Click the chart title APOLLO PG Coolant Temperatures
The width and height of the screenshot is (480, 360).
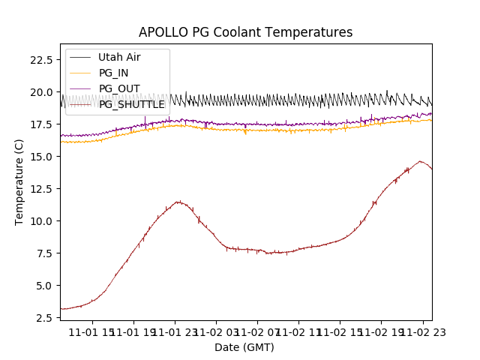tap(245, 32)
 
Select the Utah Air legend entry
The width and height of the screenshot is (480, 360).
tap(118, 57)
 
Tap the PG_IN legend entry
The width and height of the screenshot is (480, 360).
tap(113, 73)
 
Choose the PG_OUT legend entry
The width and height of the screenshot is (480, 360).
tap(118, 88)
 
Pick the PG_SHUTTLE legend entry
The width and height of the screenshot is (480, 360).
tap(131, 104)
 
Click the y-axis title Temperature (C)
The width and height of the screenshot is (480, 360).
tap(19, 182)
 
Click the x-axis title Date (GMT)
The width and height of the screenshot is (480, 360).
tap(244, 347)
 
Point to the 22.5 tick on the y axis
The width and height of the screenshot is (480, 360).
tap(40, 59)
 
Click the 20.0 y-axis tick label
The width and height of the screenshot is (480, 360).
tap(40, 92)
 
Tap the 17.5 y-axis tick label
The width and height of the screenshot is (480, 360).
tap(40, 124)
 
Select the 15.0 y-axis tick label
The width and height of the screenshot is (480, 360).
tap(40, 157)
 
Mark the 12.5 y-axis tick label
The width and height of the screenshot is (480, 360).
tap(40, 189)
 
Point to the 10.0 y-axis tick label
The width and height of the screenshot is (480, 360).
tap(40, 221)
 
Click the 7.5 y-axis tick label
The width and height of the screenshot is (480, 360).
tap(43, 253)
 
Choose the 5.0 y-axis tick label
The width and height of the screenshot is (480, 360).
tap(43, 286)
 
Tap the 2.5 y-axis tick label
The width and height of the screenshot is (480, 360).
tap(43, 318)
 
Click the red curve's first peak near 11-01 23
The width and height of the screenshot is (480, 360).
tap(178, 201)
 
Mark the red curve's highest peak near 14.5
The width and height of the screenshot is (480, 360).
tap(421, 161)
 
